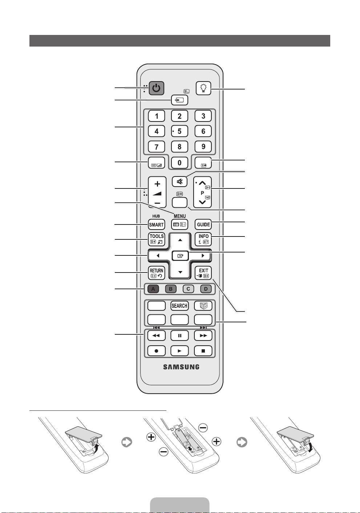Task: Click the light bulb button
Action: click(x=203, y=88)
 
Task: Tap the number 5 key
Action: click(x=179, y=131)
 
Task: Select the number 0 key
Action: click(x=179, y=163)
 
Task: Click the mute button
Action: click(x=179, y=181)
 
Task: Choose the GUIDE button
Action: click(x=203, y=224)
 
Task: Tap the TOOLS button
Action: click(x=157, y=239)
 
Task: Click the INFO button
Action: click(x=203, y=239)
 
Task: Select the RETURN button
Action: click(x=157, y=273)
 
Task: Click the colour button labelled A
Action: click(x=153, y=289)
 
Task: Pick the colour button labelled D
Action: click(x=206, y=289)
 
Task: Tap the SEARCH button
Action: click(x=179, y=306)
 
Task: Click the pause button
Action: click(x=179, y=335)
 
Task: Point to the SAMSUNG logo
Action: click(x=181, y=367)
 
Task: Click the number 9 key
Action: click(x=203, y=147)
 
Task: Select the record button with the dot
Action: click(x=157, y=351)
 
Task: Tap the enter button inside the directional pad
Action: click(x=181, y=256)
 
